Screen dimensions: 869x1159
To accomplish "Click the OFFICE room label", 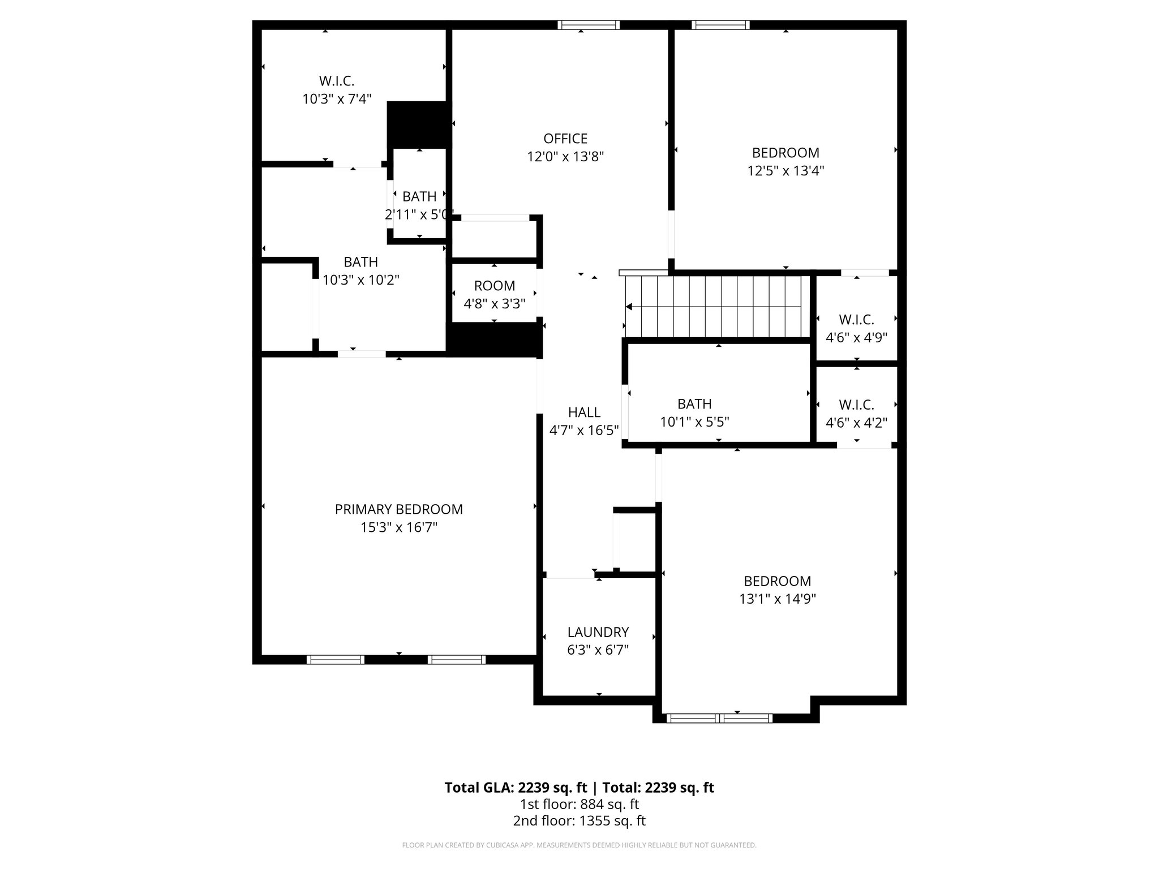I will pos(565,139).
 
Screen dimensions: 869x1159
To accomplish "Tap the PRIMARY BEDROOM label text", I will pos(398,509).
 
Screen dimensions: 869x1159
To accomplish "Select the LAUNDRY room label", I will pos(598,632).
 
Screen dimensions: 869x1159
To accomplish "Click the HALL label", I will pos(584,412).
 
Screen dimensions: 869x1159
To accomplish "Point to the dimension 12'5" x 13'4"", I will pos(785,171).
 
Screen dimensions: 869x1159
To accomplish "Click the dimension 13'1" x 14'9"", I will pos(777,599).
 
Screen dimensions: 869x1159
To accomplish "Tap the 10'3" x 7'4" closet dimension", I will pos(337,99).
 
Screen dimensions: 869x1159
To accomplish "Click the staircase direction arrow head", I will pos(629,307).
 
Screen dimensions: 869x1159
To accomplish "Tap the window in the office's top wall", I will pos(588,25).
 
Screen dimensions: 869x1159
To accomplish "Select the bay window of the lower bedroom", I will pos(719,719).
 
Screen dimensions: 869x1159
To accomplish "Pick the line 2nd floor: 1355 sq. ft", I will pos(579,821).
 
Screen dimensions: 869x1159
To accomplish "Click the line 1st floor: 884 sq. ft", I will pos(579,804).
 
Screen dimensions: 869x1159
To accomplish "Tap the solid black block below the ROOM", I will pos(494,340).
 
